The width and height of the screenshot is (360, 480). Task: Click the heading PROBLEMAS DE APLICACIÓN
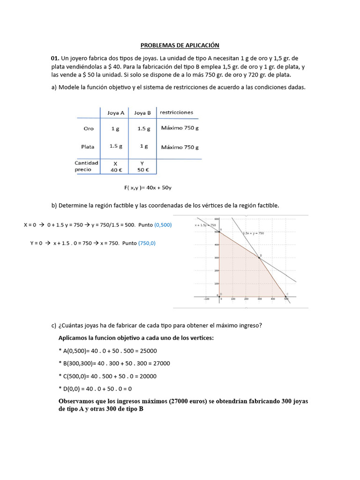pyautogui.click(x=180, y=45)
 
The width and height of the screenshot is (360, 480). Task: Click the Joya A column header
pyautogui.click(x=116, y=113)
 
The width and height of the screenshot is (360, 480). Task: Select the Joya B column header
pyautogui.click(x=142, y=113)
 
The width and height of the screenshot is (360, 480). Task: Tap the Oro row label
pyautogui.click(x=88, y=128)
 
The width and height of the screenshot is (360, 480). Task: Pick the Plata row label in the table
pyautogui.click(x=88, y=147)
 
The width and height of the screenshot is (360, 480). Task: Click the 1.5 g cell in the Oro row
pyautogui.click(x=143, y=128)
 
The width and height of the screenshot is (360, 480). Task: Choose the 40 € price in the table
pyautogui.click(x=115, y=170)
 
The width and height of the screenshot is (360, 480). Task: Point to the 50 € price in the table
pyautogui.click(x=142, y=170)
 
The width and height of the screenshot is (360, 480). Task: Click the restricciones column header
pyautogui.click(x=176, y=112)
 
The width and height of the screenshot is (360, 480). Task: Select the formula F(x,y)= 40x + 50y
pyautogui.click(x=148, y=188)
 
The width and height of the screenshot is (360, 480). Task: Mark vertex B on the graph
pyautogui.click(x=259, y=257)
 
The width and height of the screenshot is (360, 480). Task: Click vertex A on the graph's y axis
pyautogui.click(x=220, y=232)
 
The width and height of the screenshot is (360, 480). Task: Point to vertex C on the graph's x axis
pyautogui.click(x=285, y=296)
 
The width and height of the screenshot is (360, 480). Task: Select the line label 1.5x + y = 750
pyautogui.click(x=253, y=233)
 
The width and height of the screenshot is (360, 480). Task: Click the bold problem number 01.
pyautogui.click(x=55, y=58)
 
